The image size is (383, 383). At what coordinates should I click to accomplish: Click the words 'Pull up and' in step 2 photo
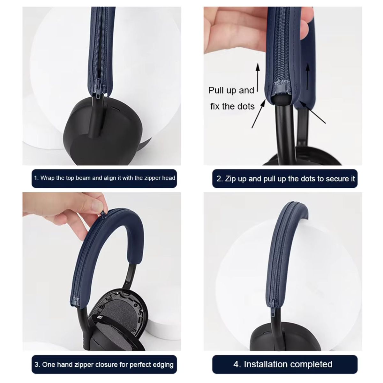[x=231, y=90]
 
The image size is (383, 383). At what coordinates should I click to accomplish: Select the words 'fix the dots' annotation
[x=232, y=106]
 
